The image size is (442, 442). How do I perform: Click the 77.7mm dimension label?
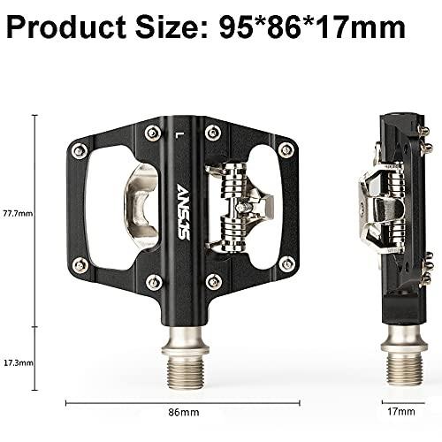[18, 213]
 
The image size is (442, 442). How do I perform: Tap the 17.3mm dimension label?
[19, 362]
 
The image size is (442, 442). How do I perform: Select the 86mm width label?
[184, 412]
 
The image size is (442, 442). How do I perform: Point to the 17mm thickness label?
[401, 411]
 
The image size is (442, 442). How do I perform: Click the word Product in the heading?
[66, 27]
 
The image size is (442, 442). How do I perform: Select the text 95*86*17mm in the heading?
[312, 27]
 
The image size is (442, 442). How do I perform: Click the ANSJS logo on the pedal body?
[182, 212]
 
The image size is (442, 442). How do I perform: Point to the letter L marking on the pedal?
[179, 134]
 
